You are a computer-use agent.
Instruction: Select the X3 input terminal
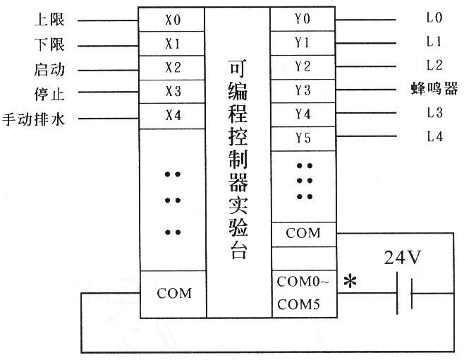(173, 92)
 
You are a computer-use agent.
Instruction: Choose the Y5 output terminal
(303, 138)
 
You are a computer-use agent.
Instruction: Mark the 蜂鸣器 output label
(434, 89)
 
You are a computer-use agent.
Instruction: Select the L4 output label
(434, 138)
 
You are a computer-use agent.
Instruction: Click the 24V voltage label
(403, 258)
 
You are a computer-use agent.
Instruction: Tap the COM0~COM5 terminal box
(303, 294)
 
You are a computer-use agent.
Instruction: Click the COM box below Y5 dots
(303, 233)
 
